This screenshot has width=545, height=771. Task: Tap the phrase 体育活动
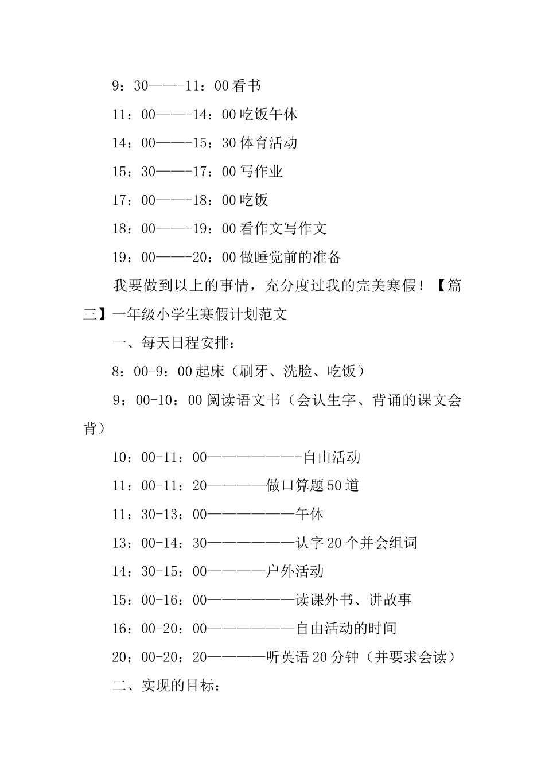(268, 143)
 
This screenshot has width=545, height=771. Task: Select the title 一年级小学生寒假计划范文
(200, 314)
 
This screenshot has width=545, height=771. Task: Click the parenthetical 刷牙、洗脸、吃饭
(298, 372)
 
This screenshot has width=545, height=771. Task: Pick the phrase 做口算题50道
(313, 486)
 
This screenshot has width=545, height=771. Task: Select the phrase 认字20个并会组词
(356, 543)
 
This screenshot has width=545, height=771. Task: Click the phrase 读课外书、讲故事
(353, 600)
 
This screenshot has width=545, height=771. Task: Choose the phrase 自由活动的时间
(346, 629)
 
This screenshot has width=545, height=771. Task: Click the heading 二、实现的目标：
(166, 686)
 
